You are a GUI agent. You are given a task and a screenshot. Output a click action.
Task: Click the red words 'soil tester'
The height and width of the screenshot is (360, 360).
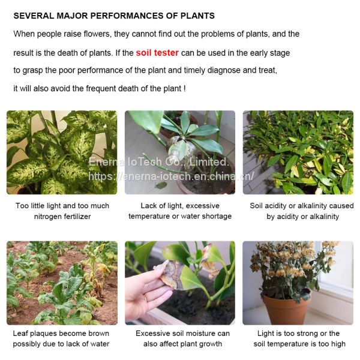click(x=157, y=53)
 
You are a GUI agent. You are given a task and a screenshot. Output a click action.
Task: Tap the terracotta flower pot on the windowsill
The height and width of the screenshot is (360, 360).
click(x=286, y=308)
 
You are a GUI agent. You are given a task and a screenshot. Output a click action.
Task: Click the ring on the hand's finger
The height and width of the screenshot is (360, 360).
click(x=145, y=298)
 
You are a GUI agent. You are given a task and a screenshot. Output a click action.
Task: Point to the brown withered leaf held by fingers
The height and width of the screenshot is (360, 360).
click(x=169, y=274)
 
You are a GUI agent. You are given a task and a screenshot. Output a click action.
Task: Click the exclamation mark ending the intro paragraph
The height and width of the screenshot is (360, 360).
click(x=185, y=88)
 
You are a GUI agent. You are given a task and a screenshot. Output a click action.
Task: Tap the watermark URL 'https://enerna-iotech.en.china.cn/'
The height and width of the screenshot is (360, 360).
click(x=171, y=176)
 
